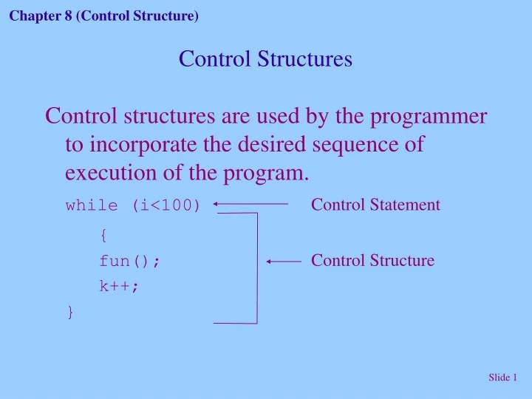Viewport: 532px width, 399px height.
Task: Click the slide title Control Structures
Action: pyautogui.click(x=265, y=58)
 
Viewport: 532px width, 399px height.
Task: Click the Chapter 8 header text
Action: pyautogui.click(x=104, y=16)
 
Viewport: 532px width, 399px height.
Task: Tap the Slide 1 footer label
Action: pyautogui.click(x=502, y=378)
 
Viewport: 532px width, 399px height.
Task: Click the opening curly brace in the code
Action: pyautogui.click(x=103, y=235)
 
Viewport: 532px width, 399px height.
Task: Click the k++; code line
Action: pyautogui.click(x=119, y=287)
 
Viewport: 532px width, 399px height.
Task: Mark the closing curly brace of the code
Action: pyautogui.click(x=70, y=313)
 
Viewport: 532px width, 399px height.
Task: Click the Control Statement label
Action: pyautogui.click(x=375, y=205)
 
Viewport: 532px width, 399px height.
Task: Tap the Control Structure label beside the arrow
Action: pyautogui.click(x=372, y=260)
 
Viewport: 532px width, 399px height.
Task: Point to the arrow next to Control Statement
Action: pyautogui.click(x=251, y=203)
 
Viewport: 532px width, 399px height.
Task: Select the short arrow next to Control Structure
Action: pyautogui.click(x=284, y=261)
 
